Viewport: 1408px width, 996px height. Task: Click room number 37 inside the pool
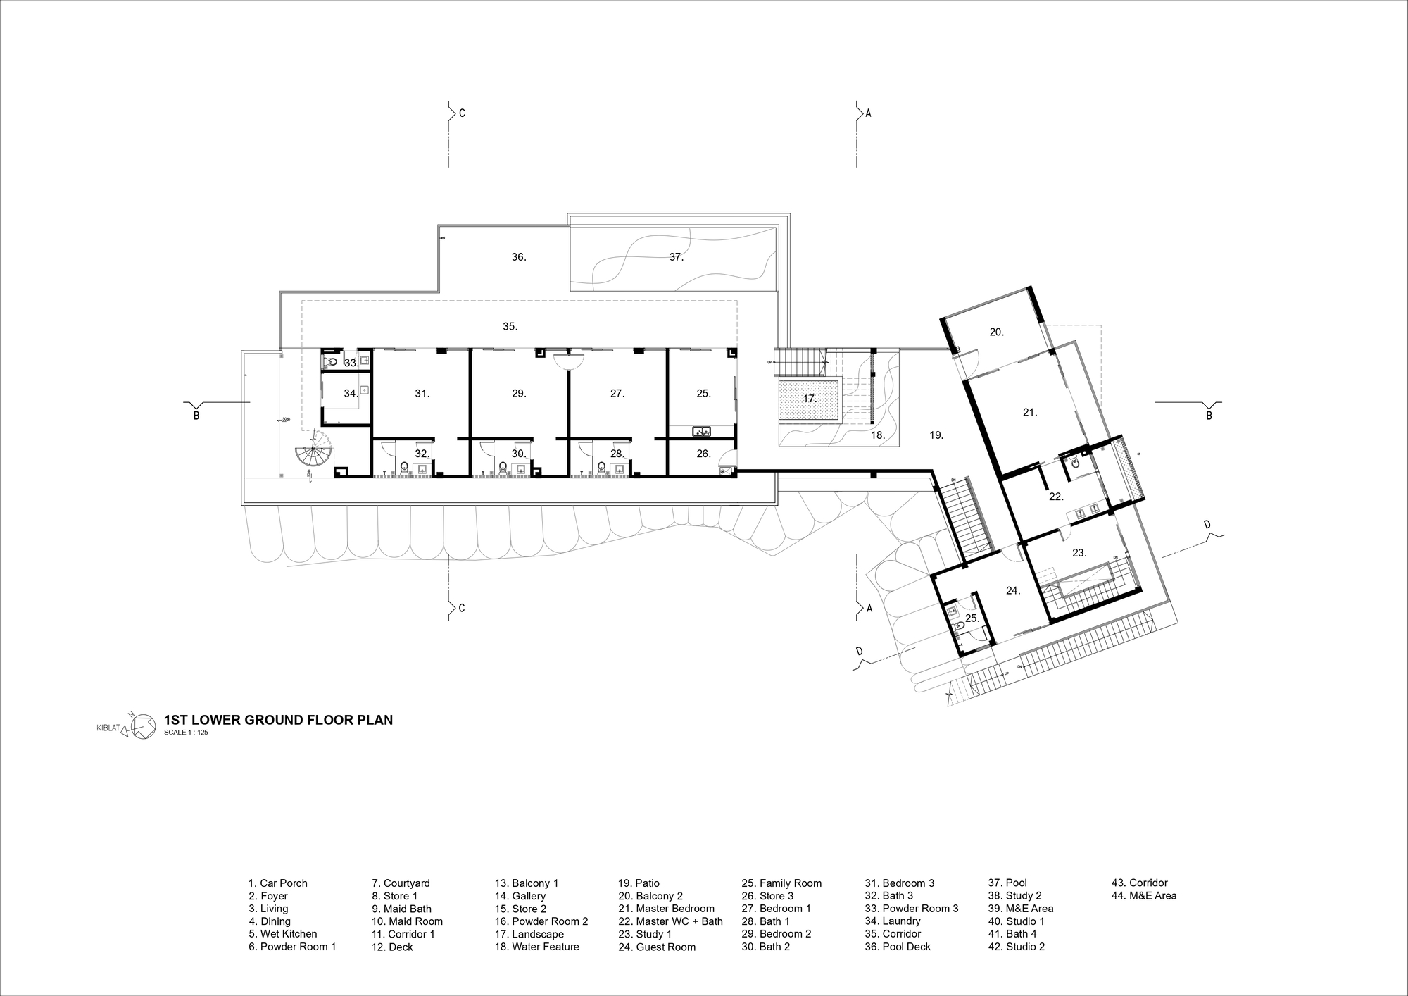(676, 258)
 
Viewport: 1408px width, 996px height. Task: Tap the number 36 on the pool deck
(518, 258)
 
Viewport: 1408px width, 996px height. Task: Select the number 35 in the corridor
(510, 327)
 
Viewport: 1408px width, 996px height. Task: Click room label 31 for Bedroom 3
(422, 394)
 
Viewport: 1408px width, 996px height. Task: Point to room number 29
(519, 394)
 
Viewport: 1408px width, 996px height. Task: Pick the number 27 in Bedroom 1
(617, 394)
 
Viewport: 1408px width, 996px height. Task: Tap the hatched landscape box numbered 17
(810, 399)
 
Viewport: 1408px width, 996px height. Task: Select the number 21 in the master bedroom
(1030, 413)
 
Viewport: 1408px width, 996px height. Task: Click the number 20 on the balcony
(996, 332)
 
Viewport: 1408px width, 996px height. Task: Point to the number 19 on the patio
(936, 436)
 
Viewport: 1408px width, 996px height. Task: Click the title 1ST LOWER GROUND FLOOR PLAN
(278, 720)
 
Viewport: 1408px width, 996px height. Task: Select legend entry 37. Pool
(1007, 883)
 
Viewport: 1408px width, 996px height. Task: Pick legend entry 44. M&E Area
(1144, 896)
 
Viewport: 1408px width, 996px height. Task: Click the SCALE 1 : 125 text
(186, 733)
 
